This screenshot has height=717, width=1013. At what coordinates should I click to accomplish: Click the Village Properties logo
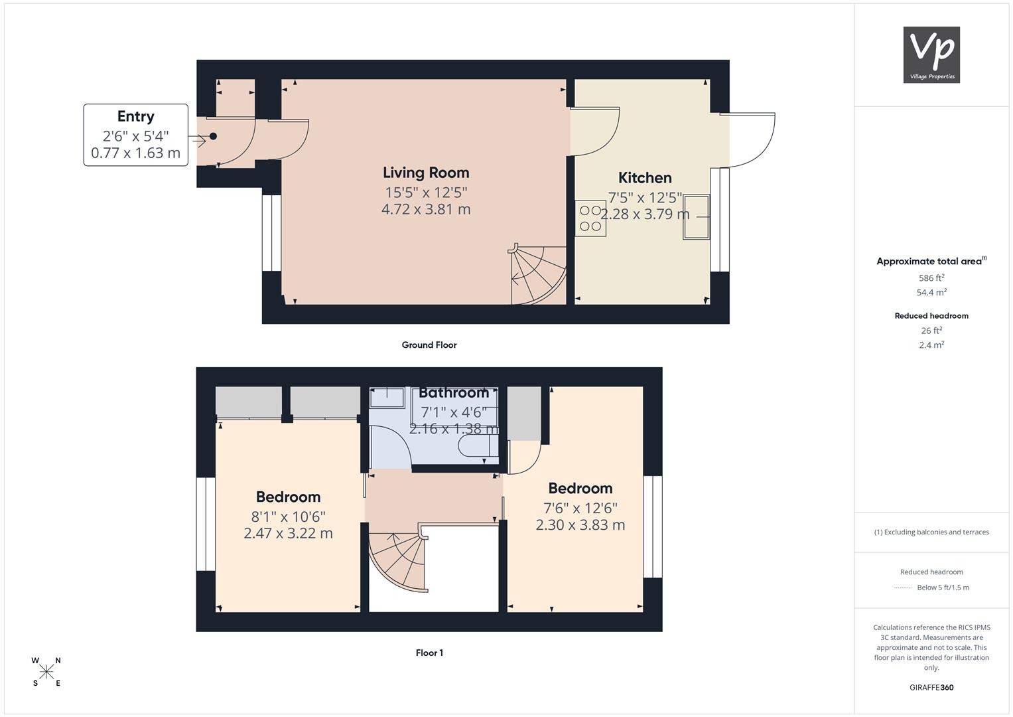931,54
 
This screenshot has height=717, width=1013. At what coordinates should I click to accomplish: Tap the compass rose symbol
46,672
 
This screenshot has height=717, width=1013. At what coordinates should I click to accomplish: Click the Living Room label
426,173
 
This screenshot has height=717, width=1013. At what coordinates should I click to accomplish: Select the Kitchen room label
645,178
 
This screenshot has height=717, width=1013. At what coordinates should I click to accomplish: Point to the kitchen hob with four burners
590,218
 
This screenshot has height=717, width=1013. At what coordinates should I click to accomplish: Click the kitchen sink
696,217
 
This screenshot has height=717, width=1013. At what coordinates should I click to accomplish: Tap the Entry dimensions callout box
136,135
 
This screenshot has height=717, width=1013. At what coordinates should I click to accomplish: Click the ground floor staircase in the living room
538,275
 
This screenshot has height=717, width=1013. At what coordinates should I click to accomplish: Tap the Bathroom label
454,393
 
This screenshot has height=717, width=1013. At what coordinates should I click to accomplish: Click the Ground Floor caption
429,345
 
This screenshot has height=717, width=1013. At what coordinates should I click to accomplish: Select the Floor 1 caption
429,653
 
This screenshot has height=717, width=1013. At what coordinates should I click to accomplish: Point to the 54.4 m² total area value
931,292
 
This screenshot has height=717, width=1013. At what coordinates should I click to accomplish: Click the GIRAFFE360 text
931,688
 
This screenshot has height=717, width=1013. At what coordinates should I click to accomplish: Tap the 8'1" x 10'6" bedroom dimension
289,517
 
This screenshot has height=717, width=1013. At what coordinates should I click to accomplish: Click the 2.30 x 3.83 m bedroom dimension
580,525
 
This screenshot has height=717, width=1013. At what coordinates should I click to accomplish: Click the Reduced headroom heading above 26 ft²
931,316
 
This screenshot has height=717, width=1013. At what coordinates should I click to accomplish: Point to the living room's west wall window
271,233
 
